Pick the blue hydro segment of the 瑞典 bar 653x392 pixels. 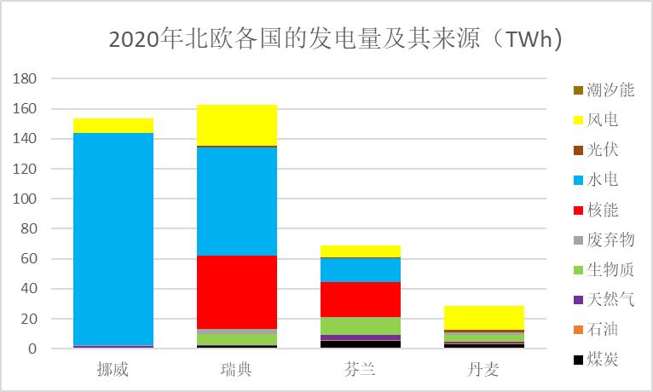pyautogui.click(x=237, y=201)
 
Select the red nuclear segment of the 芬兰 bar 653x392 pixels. pyautogui.click(x=361, y=299)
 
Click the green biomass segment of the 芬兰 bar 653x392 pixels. pyautogui.click(x=361, y=326)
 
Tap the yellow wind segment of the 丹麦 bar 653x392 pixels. pyautogui.click(x=484, y=317)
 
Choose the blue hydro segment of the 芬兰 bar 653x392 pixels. pyautogui.click(x=361, y=269)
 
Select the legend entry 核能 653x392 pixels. pyautogui.click(x=603, y=210)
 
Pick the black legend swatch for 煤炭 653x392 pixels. pyautogui.click(x=579, y=360)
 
